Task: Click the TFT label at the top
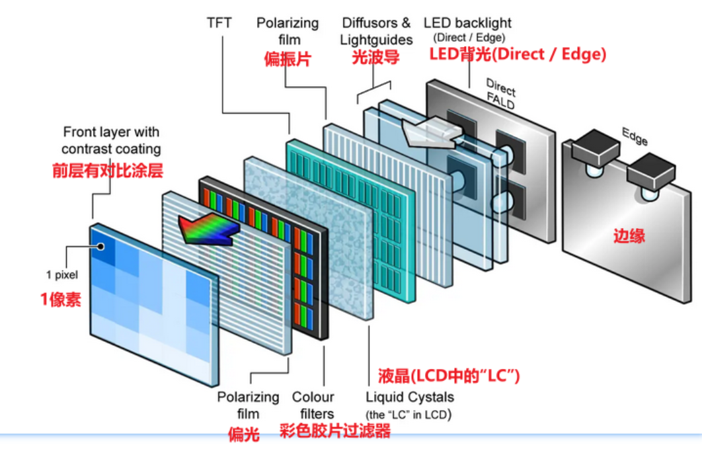pos(219,23)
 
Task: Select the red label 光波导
pos(375,58)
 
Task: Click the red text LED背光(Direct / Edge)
pos(518,54)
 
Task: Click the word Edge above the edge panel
pos(634,136)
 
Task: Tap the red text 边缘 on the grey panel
pos(629,235)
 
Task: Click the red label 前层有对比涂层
pos(107,170)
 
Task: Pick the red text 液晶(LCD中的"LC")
pos(449,376)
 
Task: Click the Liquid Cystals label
pos(410,397)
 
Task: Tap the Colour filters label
pos(313,405)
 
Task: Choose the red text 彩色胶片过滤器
pos(334,431)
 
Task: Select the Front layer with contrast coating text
pos(112,140)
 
